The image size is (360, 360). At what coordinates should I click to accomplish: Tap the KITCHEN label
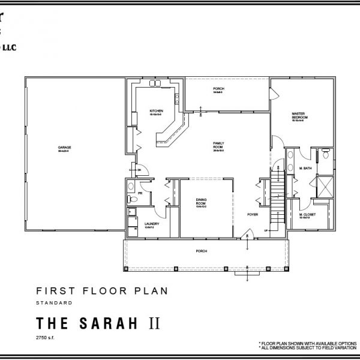155,111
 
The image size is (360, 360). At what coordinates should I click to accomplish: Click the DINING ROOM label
201,202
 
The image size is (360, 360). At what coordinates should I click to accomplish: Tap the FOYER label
253,214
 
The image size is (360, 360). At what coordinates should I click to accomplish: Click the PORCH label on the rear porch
218,89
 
